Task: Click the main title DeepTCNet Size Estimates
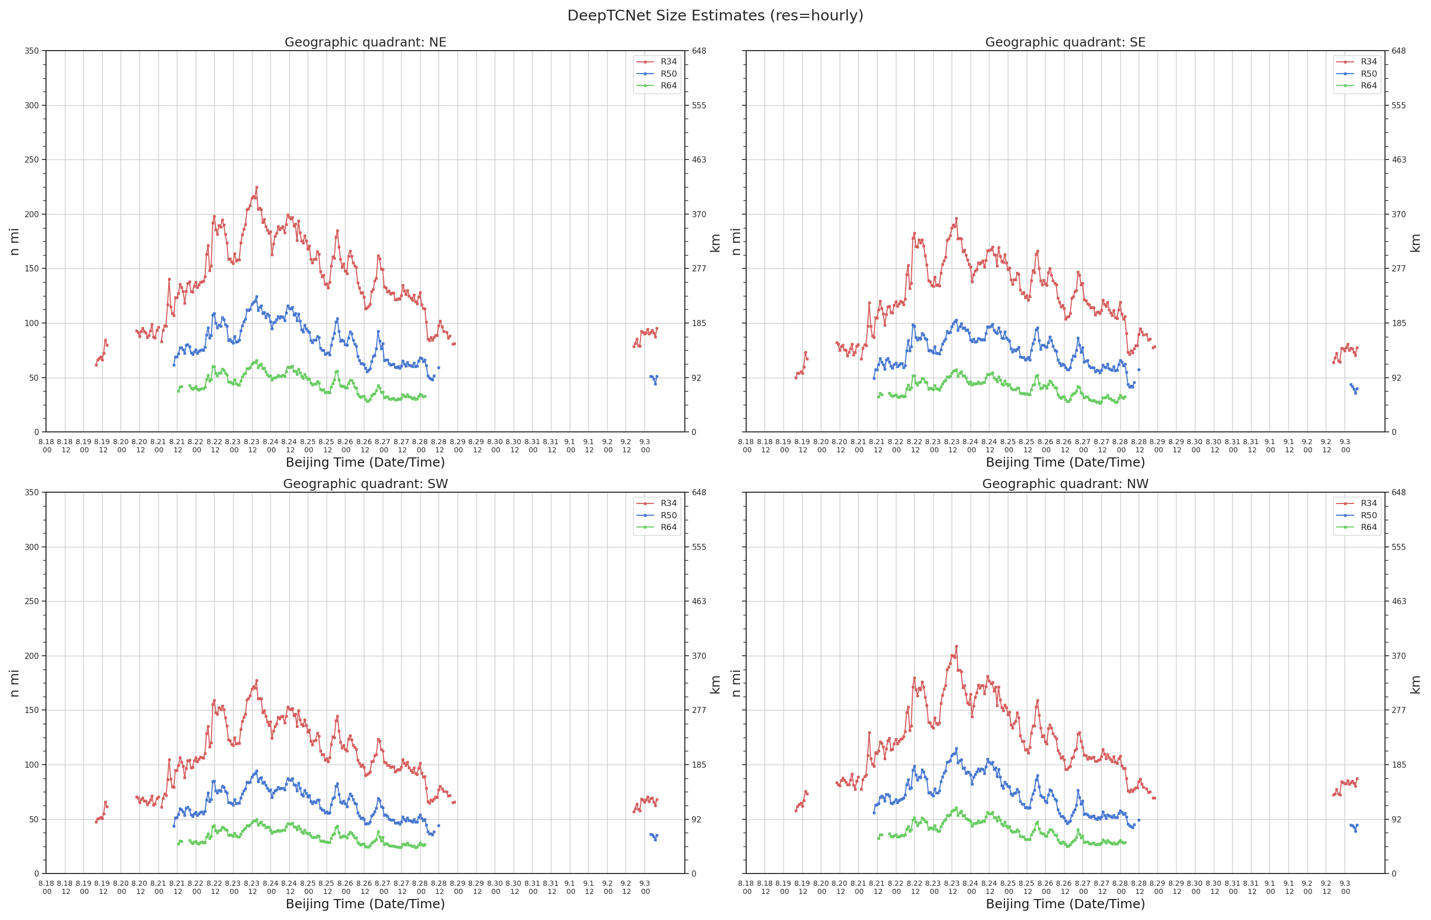coord(715,15)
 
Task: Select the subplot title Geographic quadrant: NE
coord(365,42)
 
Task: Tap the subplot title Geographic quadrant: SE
coord(1065,42)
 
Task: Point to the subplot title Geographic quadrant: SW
coord(365,484)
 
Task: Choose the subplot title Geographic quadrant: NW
coord(1065,484)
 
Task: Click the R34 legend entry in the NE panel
coord(656,61)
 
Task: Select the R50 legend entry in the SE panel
coord(1356,74)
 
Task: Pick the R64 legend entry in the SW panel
coord(656,527)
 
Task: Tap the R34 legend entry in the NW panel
coord(1356,503)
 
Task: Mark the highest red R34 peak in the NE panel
coord(257,187)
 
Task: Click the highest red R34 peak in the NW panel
coord(956,646)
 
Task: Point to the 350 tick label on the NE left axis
coord(32,51)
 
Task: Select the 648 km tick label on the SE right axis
coord(1398,51)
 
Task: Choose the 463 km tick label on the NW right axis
coord(1398,601)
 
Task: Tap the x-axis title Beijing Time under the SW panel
coord(365,904)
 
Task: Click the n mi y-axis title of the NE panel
coord(14,241)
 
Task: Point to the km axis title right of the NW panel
coord(1415,684)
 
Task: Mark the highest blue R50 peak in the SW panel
coord(257,771)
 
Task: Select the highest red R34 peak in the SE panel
coord(956,219)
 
